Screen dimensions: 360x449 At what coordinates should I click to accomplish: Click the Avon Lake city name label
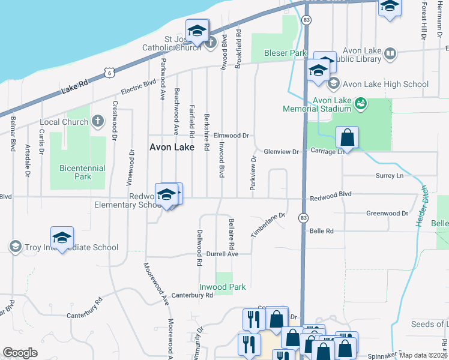coord(172,147)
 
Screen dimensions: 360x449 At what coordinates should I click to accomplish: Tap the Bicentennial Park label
coord(82,172)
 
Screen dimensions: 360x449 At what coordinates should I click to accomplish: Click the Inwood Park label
coord(223,287)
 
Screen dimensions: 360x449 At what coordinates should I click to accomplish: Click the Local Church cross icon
coord(99,122)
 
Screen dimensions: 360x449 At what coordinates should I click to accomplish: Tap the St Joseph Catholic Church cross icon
coord(210,42)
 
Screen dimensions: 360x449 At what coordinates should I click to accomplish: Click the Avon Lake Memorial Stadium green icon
coord(360,104)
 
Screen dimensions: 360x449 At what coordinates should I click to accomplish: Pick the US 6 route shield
coord(109,72)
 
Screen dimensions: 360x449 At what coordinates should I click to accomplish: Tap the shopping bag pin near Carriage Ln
coord(347,138)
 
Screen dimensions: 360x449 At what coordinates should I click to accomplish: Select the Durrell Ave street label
coord(223,254)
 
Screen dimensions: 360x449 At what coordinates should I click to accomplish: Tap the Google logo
coord(20,352)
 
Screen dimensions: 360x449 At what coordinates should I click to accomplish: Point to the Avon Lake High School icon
coord(334,84)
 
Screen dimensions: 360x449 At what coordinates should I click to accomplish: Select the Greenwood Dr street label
coord(387,213)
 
